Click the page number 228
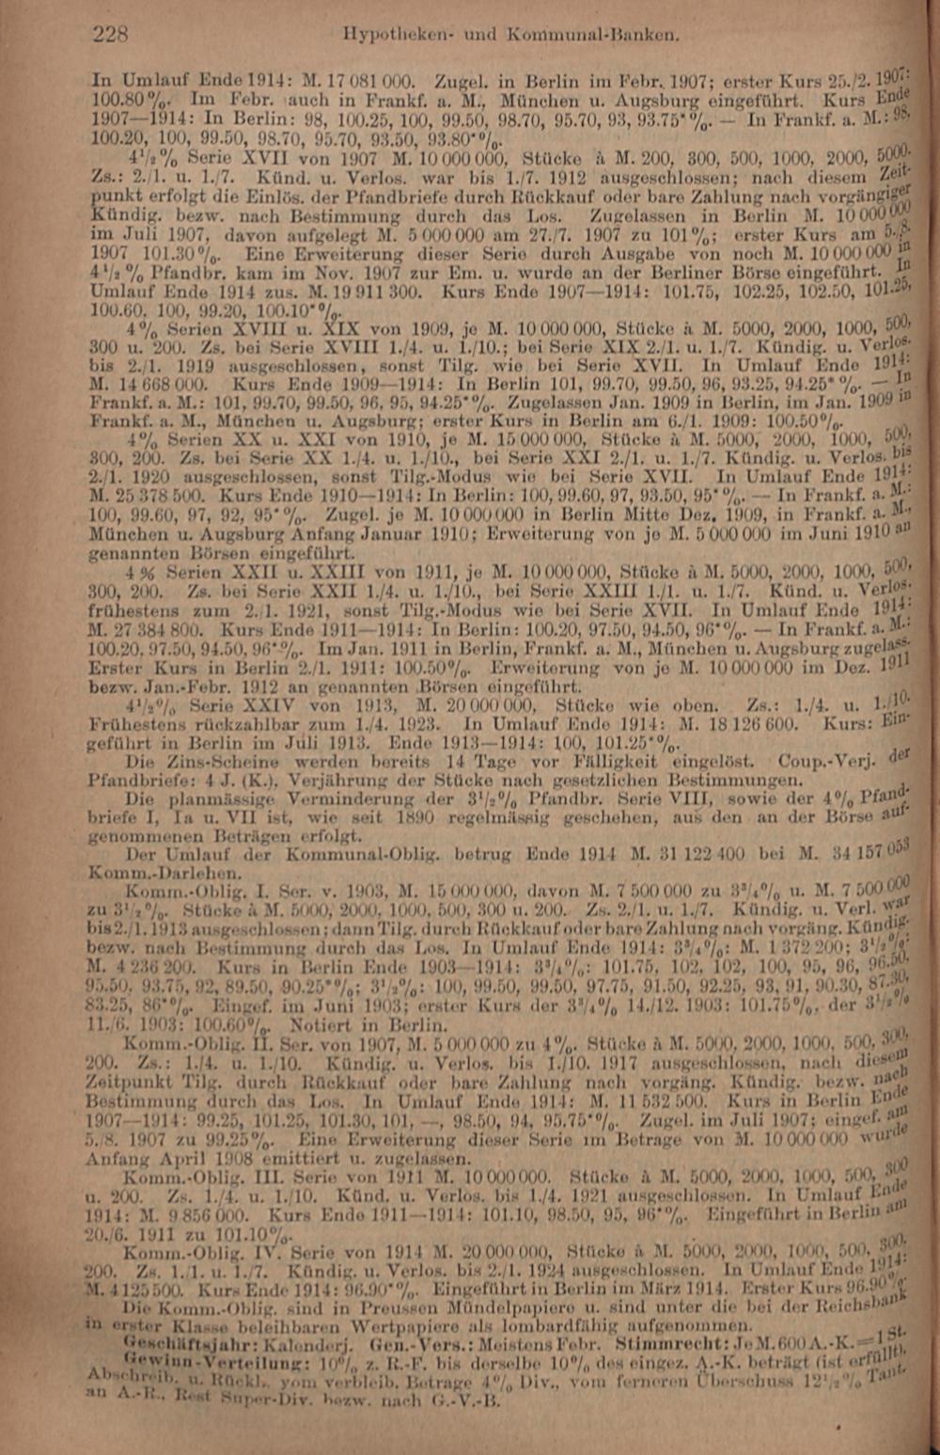tap(110, 36)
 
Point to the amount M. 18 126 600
tap(744, 724)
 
